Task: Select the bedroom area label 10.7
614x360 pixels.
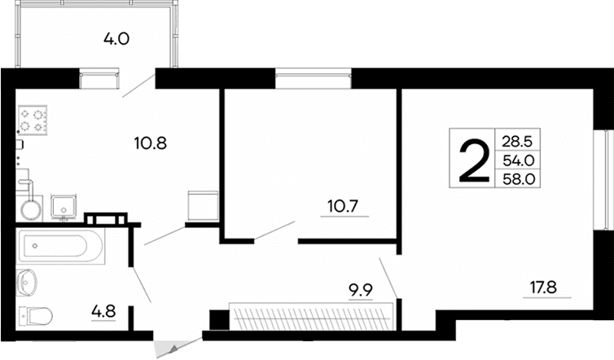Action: coord(342,207)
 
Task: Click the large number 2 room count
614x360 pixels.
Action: coord(472,161)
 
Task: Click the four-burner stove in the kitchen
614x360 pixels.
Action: coord(33,121)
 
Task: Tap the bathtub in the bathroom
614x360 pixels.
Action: coord(61,246)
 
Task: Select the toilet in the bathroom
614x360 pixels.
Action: coord(36,314)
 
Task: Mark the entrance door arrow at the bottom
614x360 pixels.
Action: coord(171,349)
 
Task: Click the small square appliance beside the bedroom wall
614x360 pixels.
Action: coord(202,204)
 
